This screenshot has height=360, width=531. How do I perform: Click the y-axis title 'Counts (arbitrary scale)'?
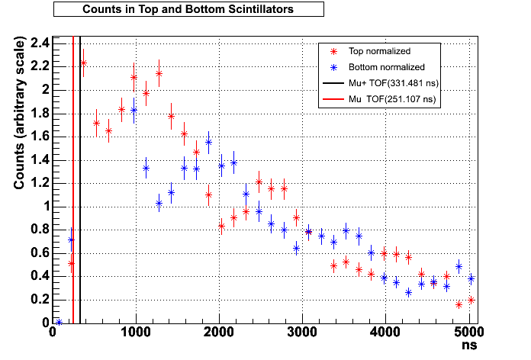pos(21,121)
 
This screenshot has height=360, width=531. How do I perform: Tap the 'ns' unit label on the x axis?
pos(470,346)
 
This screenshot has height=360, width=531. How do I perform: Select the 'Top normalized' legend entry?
pos(379,52)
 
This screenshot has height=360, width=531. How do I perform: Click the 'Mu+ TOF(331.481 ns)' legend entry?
pos(392,83)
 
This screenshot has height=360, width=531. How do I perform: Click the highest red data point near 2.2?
pos(83,63)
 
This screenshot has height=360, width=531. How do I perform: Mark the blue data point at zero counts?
pos(59,322)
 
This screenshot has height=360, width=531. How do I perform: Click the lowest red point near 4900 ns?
pos(459,304)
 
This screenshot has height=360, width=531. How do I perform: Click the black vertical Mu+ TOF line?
pos(80,191)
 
